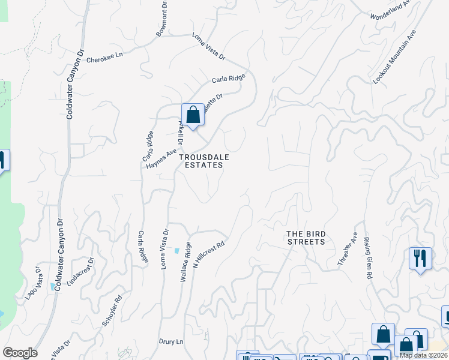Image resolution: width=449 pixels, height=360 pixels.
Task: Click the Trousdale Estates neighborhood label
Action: pos(203,161)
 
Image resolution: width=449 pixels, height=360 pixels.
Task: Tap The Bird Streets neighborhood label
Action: pos(305,238)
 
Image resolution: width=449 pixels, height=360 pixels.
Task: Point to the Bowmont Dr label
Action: pos(161,19)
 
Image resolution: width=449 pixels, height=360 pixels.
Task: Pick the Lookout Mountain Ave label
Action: pos(394,58)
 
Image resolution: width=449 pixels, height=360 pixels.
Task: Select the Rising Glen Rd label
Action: pos(367,258)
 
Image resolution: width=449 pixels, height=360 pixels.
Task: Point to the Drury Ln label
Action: pos(170,341)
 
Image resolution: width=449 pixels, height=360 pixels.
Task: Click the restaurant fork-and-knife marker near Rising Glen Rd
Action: pos(420,259)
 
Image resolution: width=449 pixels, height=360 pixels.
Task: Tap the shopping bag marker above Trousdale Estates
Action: pos(193,115)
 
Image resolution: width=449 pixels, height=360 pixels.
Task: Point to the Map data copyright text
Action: pos(423,355)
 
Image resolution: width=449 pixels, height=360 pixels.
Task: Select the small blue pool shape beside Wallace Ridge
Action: pos(178,250)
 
